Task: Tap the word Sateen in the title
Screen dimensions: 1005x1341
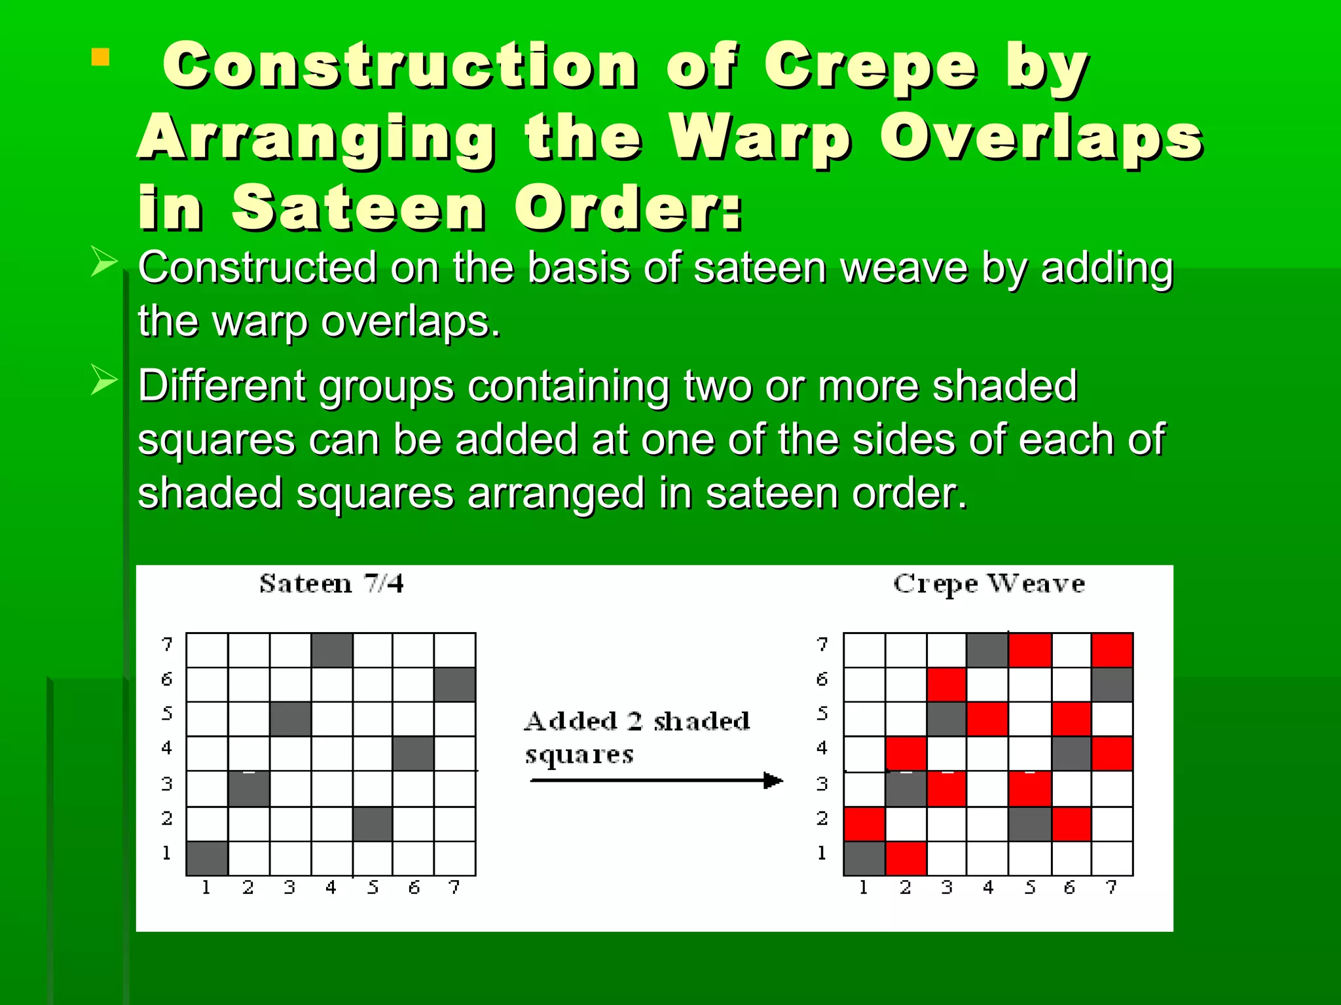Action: [x=359, y=208]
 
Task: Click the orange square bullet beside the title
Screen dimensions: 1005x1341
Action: [x=100, y=58]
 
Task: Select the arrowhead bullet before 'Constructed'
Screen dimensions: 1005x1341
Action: [x=103, y=262]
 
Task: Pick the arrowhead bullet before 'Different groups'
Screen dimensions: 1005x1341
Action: [x=103, y=380]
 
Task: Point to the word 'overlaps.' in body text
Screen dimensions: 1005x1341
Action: [x=411, y=322]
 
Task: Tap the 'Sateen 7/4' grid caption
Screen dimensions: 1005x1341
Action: [x=331, y=584]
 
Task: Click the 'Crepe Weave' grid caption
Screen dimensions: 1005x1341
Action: [x=989, y=584]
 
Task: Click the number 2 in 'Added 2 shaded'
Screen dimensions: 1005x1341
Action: [x=634, y=721]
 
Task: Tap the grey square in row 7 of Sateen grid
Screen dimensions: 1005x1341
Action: [x=332, y=650]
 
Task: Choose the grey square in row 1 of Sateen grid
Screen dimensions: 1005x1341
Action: [x=207, y=858]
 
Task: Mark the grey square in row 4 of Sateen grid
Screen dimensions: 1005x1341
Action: [x=413, y=754]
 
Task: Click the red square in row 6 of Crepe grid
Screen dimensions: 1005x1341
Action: [x=947, y=684]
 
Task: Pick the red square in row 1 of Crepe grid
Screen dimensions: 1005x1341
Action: [x=906, y=858]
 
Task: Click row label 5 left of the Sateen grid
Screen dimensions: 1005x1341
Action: [x=167, y=713]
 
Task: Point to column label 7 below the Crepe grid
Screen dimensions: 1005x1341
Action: [x=1111, y=888]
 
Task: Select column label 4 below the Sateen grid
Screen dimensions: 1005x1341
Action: [x=331, y=888]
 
